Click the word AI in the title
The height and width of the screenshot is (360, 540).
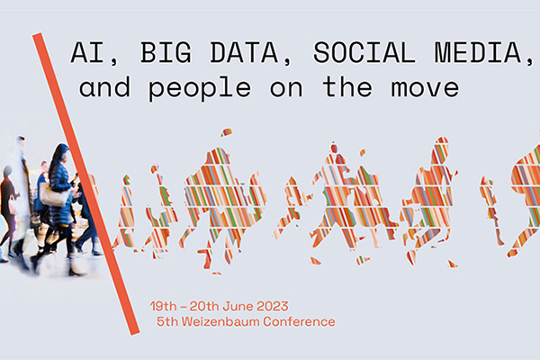point(87,52)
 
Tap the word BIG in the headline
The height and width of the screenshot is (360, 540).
point(166,52)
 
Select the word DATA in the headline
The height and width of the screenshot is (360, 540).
point(244,52)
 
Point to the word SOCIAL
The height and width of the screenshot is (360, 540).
point(364,52)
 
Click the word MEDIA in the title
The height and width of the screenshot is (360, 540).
point(478,52)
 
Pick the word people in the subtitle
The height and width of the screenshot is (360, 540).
point(200,88)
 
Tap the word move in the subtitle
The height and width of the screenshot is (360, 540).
point(425,88)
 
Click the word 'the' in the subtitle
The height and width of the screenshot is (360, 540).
point(347,86)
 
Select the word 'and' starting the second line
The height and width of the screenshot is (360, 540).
point(104,86)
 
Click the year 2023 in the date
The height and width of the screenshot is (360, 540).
point(273,306)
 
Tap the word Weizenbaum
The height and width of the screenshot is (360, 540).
point(220,321)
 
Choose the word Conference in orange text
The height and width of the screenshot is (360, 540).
point(299,321)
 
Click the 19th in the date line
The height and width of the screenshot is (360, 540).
point(164,306)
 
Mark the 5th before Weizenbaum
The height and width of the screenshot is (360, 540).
point(167,321)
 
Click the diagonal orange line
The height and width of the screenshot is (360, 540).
point(86,184)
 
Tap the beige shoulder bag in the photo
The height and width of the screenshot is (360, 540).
point(53,194)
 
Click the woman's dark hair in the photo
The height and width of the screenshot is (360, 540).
point(58,159)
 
